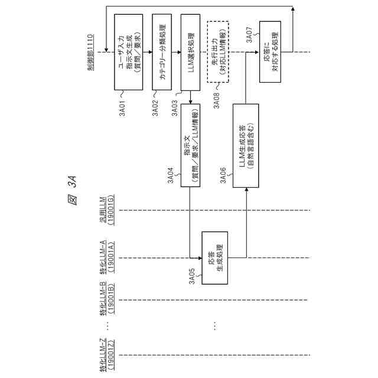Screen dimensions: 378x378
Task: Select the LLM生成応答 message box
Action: coord(246,145)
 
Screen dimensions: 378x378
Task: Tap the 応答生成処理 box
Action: coord(215,258)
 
